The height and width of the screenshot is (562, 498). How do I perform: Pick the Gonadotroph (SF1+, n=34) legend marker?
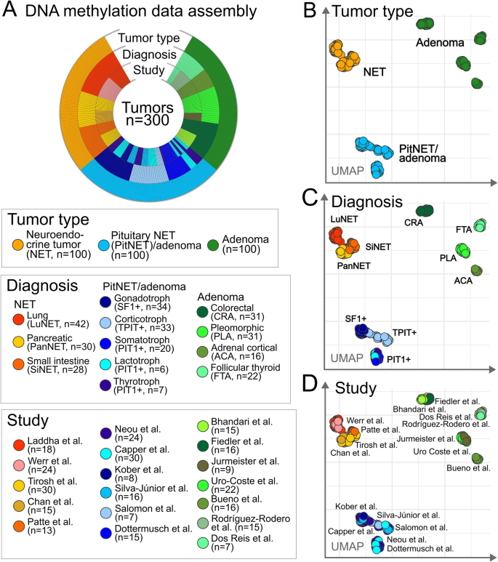coord(107,302)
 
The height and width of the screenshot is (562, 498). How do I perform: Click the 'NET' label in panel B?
coord(374,72)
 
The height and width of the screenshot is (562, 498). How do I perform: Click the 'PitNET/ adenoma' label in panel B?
coord(422,154)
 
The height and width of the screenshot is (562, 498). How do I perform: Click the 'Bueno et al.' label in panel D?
coord(465,467)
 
